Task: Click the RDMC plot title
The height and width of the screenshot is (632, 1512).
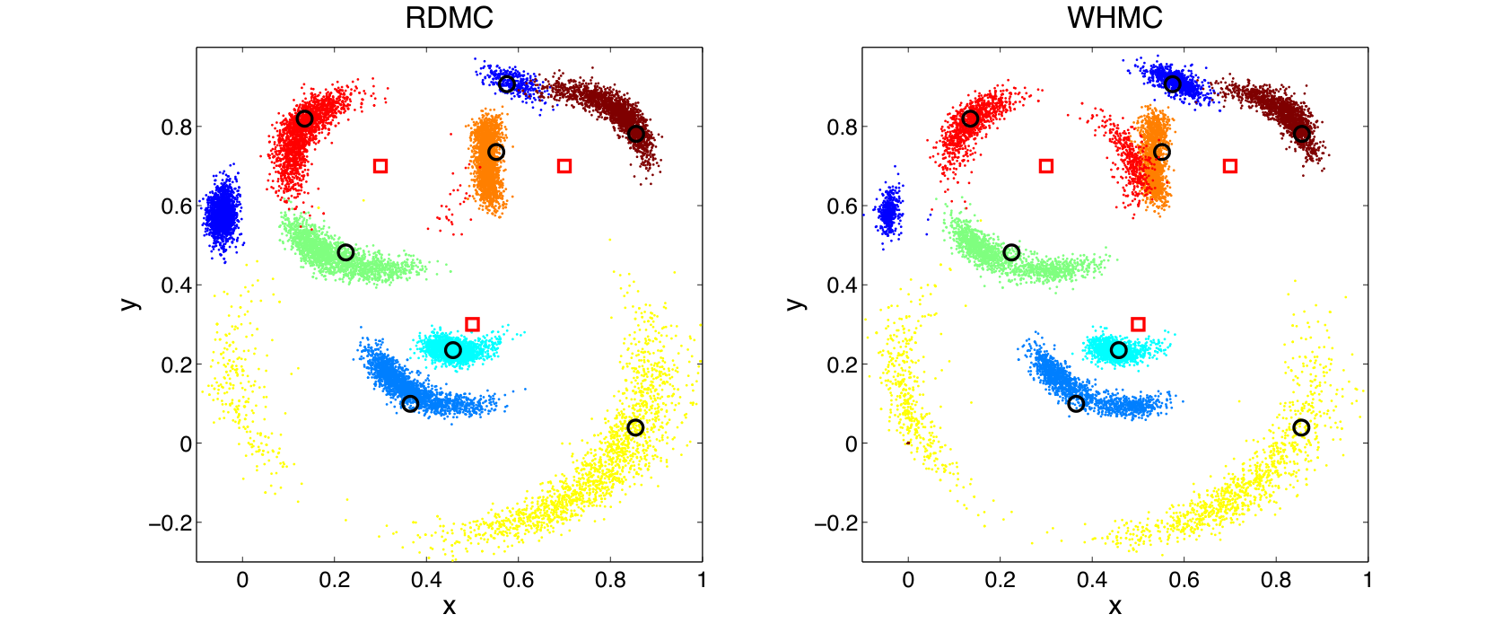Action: click(x=449, y=18)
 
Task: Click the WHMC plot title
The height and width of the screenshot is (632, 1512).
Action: click(x=1114, y=18)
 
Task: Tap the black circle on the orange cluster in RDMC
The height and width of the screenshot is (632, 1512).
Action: click(x=496, y=152)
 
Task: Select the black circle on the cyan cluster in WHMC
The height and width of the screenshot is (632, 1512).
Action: click(x=1119, y=350)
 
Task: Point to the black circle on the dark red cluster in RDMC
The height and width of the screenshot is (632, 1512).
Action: click(x=636, y=134)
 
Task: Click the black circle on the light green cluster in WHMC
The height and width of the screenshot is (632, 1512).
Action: click(x=1011, y=252)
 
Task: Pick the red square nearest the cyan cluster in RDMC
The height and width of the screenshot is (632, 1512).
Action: click(x=473, y=324)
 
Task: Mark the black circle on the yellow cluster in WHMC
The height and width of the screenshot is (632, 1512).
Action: click(x=1301, y=427)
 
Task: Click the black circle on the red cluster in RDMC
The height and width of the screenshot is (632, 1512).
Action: click(x=304, y=118)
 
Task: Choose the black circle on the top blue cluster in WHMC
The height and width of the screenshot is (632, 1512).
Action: click(x=1173, y=83)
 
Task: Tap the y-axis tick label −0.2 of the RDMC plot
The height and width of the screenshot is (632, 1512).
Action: click(x=170, y=522)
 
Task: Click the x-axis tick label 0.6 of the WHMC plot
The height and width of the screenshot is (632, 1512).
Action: click(x=1184, y=580)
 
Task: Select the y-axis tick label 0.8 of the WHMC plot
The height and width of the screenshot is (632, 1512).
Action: click(x=842, y=127)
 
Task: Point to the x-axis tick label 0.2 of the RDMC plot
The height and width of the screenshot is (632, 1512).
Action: click(x=334, y=580)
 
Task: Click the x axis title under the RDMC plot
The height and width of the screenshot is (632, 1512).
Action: click(x=449, y=607)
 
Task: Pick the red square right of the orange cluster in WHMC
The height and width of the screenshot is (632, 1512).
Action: click(x=1230, y=166)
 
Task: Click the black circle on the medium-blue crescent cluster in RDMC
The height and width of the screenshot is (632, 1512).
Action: click(x=410, y=404)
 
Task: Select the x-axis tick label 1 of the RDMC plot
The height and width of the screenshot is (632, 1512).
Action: click(x=702, y=580)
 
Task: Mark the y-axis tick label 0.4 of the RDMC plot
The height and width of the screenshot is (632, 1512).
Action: click(x=176, y=285)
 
